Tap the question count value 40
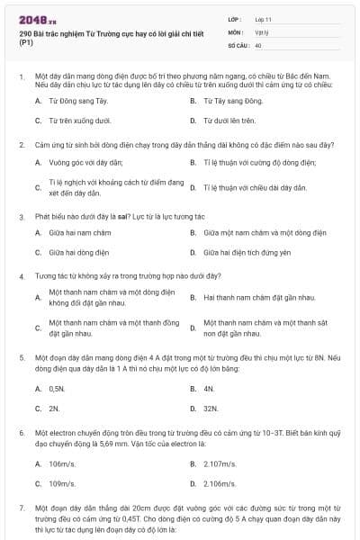258,44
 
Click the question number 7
21,508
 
